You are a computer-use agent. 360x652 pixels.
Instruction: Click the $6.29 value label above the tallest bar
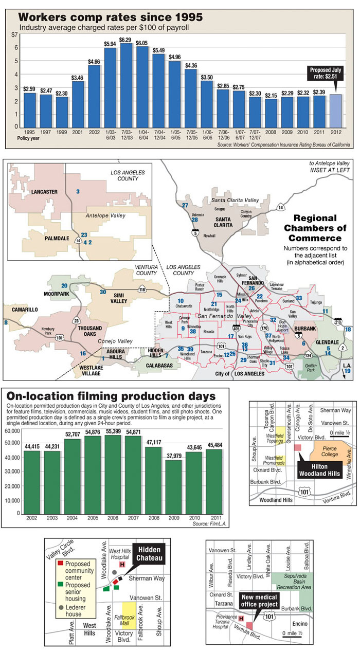point(125,40)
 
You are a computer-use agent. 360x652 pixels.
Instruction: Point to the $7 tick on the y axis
point(14,34)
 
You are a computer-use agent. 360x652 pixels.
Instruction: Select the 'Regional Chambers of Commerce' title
point(315,228)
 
